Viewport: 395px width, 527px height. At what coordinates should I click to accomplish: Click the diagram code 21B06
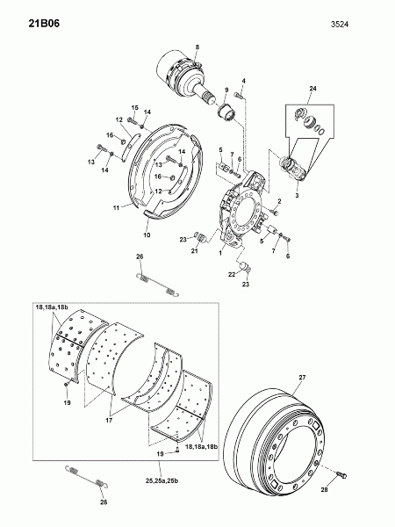click(44, 24)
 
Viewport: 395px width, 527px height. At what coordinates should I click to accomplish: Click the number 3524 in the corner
click(340, 25)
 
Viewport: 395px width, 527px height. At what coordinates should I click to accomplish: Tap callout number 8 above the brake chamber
click(197, 47)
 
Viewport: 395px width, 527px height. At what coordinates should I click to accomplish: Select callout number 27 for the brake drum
click(302, 378)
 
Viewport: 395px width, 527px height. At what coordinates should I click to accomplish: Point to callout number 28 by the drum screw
click(324, 490)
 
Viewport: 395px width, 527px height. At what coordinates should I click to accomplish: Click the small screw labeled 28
click(341, 474)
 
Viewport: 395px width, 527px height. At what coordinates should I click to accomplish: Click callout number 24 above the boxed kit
click(313, 89)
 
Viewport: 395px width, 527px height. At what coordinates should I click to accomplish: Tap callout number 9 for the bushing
click(226, 90)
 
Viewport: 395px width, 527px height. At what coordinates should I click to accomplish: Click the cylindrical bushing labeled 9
click(226, 112)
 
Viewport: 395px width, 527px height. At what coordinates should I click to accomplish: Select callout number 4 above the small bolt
click(244, 81)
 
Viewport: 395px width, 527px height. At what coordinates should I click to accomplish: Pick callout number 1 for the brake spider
click(220, 253)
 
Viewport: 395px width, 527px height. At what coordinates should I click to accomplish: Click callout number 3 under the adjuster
click(297, 195)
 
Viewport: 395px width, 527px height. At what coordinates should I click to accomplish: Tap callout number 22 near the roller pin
click(232, 275)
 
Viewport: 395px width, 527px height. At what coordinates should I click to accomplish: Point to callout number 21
click(195, 251)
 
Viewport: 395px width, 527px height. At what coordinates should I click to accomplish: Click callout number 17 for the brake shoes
click(109, 420)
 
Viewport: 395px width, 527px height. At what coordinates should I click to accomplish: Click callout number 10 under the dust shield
click(147, 235)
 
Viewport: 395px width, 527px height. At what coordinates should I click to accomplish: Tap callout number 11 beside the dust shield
click(116, 208)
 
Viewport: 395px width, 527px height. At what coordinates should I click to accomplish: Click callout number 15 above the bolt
click(134, 107)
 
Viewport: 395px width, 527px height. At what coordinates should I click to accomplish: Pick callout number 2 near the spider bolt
click(279, 201)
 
